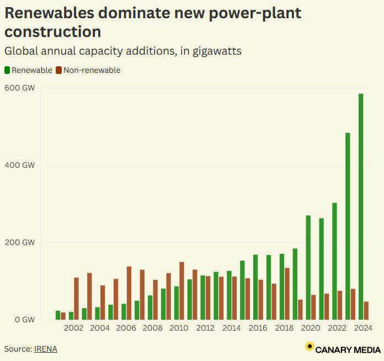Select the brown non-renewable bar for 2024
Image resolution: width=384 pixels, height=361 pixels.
(366, 310)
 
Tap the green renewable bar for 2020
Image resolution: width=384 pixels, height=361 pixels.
(308, 267)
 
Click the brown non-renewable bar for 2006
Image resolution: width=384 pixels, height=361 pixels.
(129, 293)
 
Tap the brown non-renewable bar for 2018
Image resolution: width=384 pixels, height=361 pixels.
(287, 293)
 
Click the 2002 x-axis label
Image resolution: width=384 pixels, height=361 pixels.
(73, 328)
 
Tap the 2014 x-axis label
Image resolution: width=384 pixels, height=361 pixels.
(232, 328)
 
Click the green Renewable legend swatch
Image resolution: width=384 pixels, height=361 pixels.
(7, 70)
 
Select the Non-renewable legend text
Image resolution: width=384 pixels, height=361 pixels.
(92, 70)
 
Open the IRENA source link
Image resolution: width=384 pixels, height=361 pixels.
(46, 349)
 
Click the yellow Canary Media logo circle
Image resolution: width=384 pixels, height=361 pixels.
(310, 347)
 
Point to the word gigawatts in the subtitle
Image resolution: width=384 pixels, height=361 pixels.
(216, 51)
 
